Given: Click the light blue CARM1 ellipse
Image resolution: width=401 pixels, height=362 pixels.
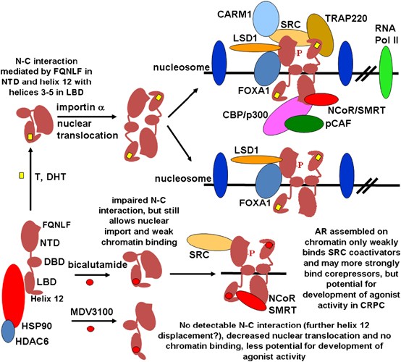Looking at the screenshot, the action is [267, 17].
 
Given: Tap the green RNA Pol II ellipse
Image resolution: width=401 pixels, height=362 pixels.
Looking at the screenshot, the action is [386, 72].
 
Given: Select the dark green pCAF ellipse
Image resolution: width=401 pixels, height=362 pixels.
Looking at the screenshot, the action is [304, 124].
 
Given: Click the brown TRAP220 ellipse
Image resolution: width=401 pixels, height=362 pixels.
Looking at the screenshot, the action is [320, 35].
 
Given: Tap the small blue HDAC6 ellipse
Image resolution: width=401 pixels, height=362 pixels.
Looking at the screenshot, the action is [8, 331].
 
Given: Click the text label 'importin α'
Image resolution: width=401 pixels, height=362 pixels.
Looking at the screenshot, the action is [81, 107].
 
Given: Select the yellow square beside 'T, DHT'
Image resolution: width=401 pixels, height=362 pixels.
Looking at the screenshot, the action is [22, 176].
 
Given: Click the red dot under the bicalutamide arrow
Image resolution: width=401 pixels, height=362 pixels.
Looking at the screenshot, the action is [90, 282].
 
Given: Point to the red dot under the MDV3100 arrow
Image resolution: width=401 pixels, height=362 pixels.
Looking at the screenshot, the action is [90, 329].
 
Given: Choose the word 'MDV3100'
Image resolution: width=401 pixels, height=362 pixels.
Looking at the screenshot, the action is [92, 312].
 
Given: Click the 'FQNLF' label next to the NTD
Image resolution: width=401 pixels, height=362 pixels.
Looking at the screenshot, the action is [56, 225].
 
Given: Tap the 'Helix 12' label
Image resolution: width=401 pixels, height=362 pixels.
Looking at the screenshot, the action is [47, 298].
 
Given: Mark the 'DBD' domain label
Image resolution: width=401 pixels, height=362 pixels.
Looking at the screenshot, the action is [54, 261].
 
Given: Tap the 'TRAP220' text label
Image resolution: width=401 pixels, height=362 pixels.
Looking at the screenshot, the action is [346, 18].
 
